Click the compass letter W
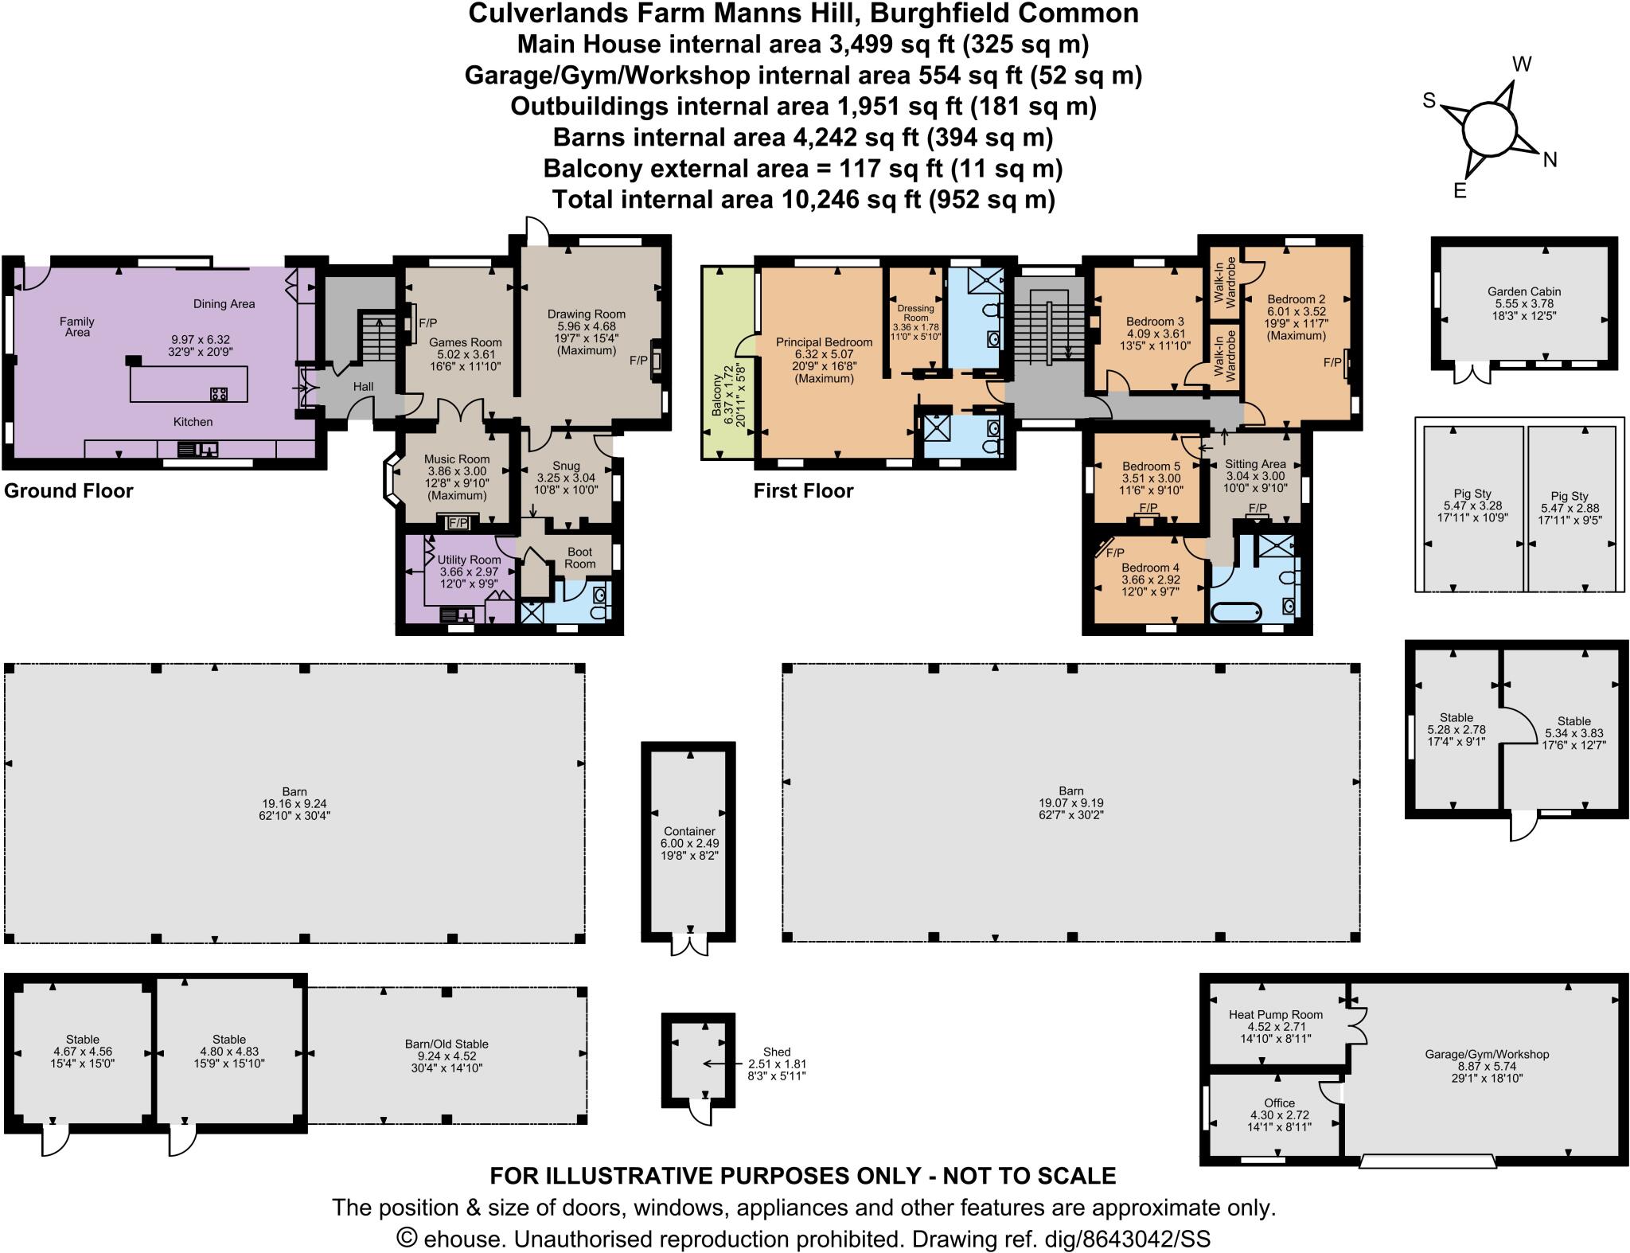click(x=1521, y=64)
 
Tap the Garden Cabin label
click(x=1523, y=291)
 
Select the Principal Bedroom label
click(x=824, y=342)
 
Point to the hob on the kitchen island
click(x=219, y=393)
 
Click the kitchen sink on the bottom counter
click(x=196, y=450)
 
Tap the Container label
click(x=688, y=831)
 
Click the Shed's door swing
click(x=700, y=1112)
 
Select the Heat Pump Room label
click(x=1275, y=1014)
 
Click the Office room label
click(x=1279, y=1103)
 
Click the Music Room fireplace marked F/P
click(x=458, y=523)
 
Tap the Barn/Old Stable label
click(x=446, y=1044)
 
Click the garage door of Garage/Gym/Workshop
click(x=1427, y=1162)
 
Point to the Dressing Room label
click(x=914, y=312)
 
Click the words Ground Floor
click(x=68, y=490)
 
